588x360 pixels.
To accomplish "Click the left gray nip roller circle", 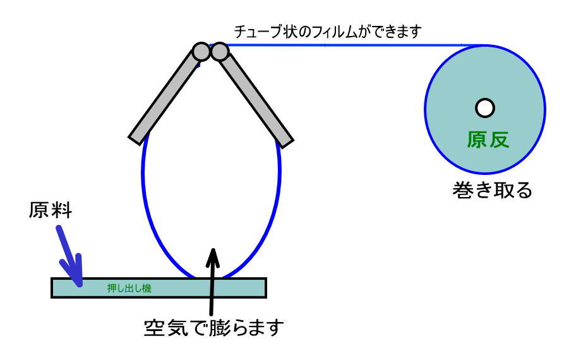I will coord(201,51).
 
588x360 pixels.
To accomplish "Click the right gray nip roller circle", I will coord(219,51).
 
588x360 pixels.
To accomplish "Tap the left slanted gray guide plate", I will coord(164,98).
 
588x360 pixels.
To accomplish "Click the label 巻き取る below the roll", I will coord(493,189).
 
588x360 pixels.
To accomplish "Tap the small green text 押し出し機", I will coord(129,289).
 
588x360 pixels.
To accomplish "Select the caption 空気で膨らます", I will coord(212,328).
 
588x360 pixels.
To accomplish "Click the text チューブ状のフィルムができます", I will coord(327,31).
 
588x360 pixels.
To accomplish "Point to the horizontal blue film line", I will coord(354,45).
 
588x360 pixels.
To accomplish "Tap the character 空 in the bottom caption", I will coord(152,328).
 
